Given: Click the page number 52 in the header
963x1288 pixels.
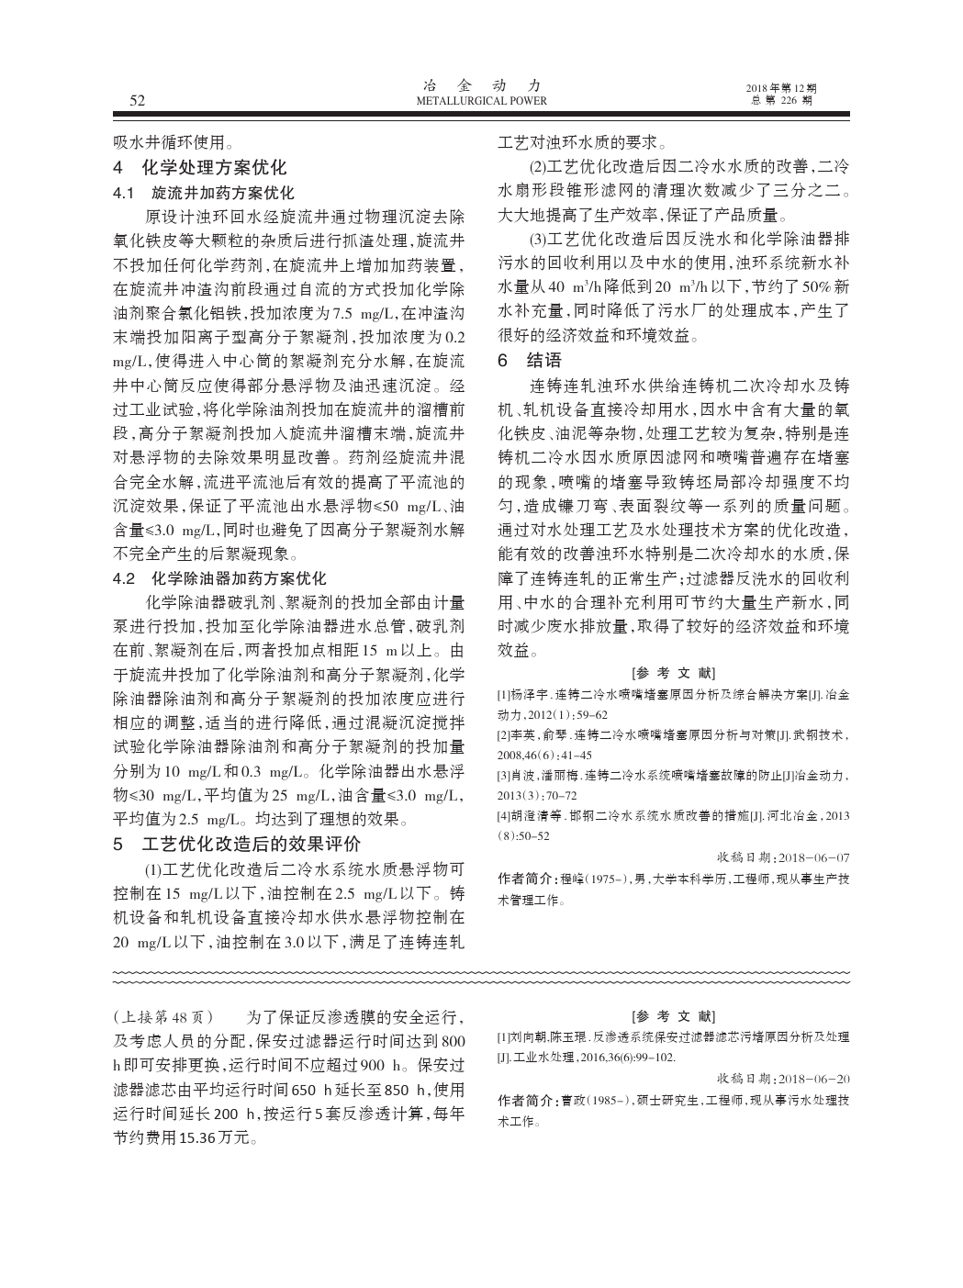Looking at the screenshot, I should (x=138, y=100).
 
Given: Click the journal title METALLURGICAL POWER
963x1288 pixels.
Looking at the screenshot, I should (x=481, y=101).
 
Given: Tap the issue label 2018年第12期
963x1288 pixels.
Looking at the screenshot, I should (x=781, y=88).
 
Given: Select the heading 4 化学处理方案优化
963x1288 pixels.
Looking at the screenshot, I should (x=199, y=168).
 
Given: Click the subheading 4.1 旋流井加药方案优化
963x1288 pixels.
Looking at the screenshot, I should (x=203, y=194).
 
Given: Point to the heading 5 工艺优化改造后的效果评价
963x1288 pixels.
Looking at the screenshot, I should (x=236, y=844).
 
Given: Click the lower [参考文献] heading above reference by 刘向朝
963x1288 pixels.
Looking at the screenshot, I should (x=673, y=1016).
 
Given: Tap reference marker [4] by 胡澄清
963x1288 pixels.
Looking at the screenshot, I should (x=504, y=817).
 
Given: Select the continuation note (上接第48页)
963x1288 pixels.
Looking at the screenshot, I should (x=162, y=1017).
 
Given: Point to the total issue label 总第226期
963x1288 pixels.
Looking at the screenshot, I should (x=781, y=101).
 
